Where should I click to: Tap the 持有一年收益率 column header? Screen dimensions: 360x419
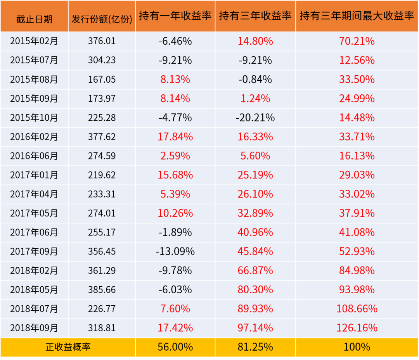pos(175,16)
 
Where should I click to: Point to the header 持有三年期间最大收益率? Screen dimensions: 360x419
pos(357,16)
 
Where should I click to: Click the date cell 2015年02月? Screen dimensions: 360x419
pos(34,41)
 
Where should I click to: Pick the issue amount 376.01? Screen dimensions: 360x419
pos(102,41)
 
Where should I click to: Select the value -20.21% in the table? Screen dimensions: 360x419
pos(255,118)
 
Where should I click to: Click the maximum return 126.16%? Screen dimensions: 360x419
pos(357,328)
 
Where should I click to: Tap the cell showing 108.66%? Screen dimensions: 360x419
pos(357,309)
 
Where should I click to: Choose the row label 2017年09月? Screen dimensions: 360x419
pos(34,251)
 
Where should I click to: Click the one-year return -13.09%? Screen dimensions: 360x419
pos(175,251)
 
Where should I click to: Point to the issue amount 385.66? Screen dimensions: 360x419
pos(102,290)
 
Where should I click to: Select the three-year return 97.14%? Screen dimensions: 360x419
pos(255,328)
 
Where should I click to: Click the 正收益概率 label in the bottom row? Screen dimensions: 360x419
pos(68,347)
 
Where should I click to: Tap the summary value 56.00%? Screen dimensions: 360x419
pos(175,347)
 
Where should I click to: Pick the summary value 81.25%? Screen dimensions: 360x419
pos(255,347)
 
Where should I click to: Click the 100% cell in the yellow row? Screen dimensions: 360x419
pos(357,347)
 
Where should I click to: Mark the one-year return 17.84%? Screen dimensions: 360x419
pos(175,137)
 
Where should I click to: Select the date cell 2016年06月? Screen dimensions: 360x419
pos(34,156)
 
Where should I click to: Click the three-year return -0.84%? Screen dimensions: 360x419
pos(255,80)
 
